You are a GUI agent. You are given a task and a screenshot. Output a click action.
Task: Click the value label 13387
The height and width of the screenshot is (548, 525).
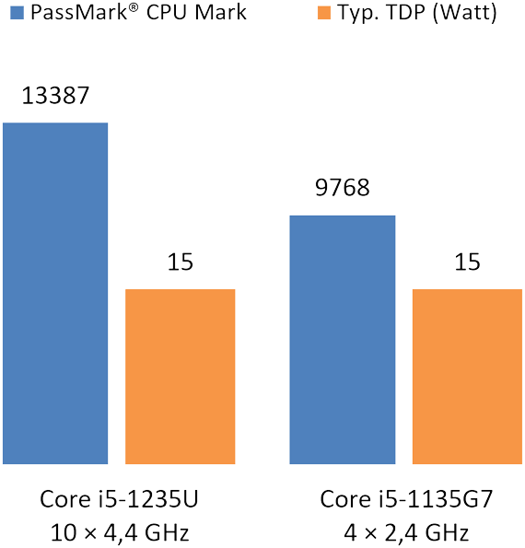click(x=55, y=97)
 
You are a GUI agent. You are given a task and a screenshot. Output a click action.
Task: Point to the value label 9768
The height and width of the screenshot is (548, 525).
click(x=343, y=190)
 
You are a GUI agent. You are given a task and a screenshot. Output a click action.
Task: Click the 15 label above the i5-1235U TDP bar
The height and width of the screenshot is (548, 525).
click(x=180, y=263)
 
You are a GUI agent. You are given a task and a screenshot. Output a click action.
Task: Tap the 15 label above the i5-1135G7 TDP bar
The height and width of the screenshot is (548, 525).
click(x=467, y=263)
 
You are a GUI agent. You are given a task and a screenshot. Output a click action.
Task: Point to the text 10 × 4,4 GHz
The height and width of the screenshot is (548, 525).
click(x=120, y=531)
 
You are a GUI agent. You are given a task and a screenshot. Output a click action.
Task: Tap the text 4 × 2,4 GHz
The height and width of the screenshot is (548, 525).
click(x=406, y=531)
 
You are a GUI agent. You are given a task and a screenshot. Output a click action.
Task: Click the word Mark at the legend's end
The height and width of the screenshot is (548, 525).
click(x=225, y=16)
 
